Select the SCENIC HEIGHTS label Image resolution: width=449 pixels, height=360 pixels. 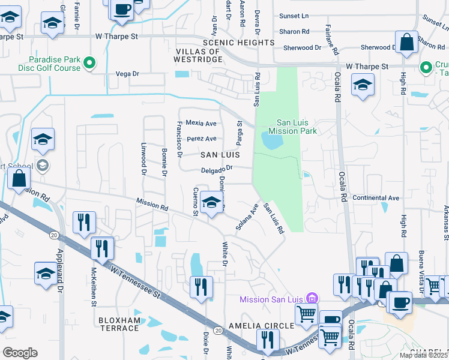click(238, 43)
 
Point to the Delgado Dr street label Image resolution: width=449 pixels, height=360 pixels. click(216, 169)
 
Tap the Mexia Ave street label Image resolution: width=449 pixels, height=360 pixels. click(200, 124)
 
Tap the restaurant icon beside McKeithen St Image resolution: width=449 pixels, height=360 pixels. click(103, 248)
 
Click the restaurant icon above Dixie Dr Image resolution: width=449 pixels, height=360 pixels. click(200, 287)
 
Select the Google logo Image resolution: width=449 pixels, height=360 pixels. click(20, 353)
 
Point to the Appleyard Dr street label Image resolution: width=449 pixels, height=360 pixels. click(59, 271)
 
